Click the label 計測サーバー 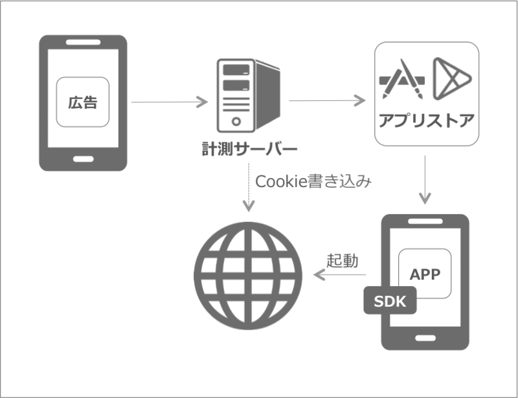click(x=249, y=151)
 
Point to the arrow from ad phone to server click(x=169, y=102)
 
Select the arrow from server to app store click(x=328, y=101)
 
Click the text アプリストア click(x=426, y=122)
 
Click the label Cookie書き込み click(x=313, y=182)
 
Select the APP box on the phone click(x=425, y=273)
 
